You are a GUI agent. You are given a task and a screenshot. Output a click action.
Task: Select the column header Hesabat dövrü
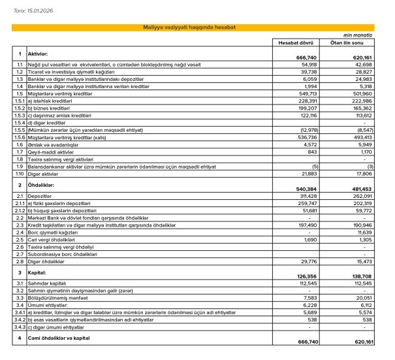pyautogui.click(x=298, y=42)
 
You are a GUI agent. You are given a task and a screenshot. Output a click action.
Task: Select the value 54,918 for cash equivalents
pyautogui.click(x=308, y=65)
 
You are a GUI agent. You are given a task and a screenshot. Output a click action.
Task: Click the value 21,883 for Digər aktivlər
pyautogui.click(x=308, y=174)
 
